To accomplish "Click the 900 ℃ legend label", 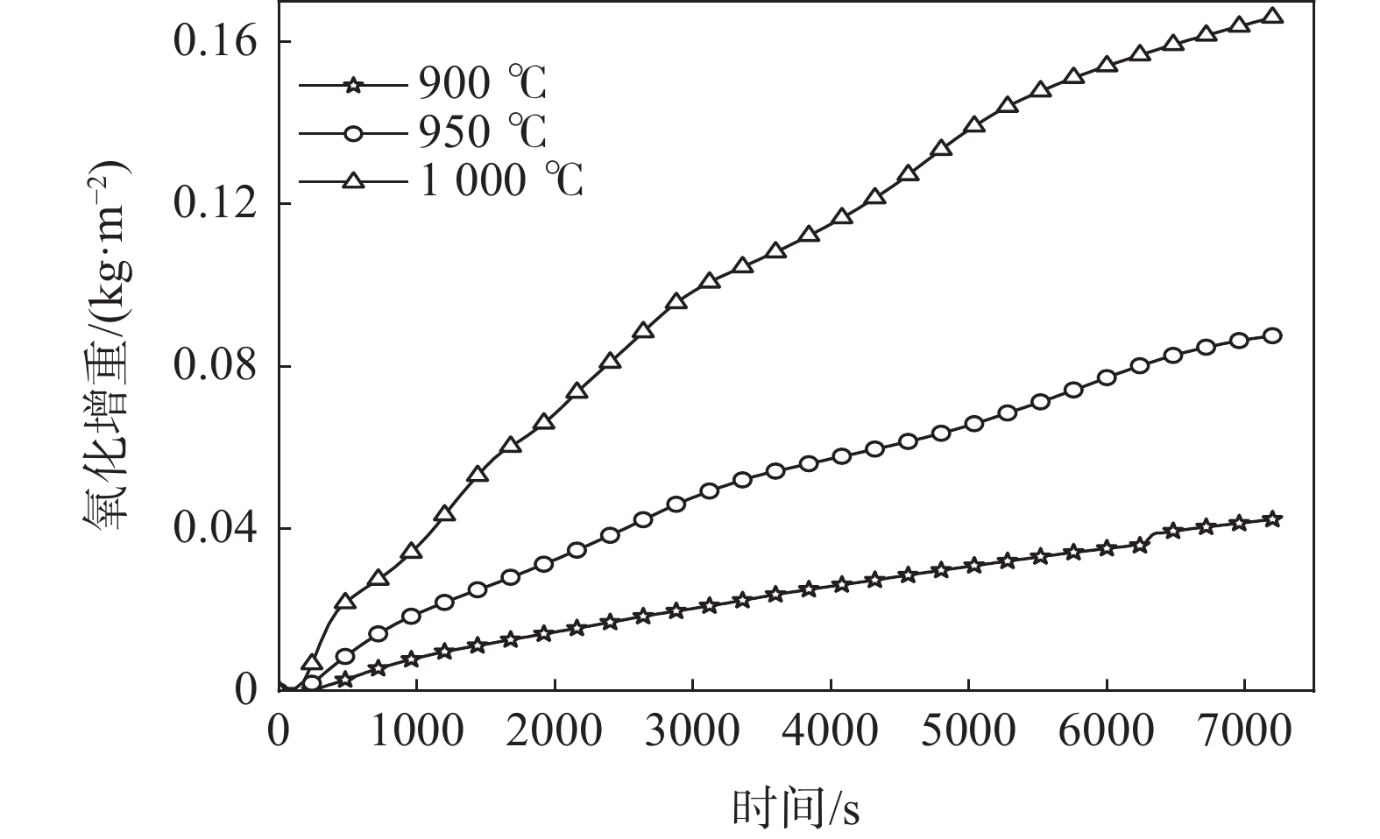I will click(481, 85).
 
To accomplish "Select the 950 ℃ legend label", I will click(481, 133).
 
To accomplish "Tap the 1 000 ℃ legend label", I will click(500, 181).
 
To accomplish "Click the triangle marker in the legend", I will click(353, 180).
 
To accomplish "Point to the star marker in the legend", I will click(353, 85).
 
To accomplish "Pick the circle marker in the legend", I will click(353, 133).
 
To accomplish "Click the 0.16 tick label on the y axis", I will click(216, 42).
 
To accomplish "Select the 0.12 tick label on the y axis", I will click(216, 204).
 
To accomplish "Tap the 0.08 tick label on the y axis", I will click(216, 366).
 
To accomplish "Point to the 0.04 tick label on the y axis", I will click(216, 528).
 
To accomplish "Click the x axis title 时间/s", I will click(796, 808).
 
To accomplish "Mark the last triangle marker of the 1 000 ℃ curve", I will click(1273, 16).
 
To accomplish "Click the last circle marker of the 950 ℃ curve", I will click(1273, 335).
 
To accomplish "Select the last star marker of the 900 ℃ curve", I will click(1273, 519).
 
